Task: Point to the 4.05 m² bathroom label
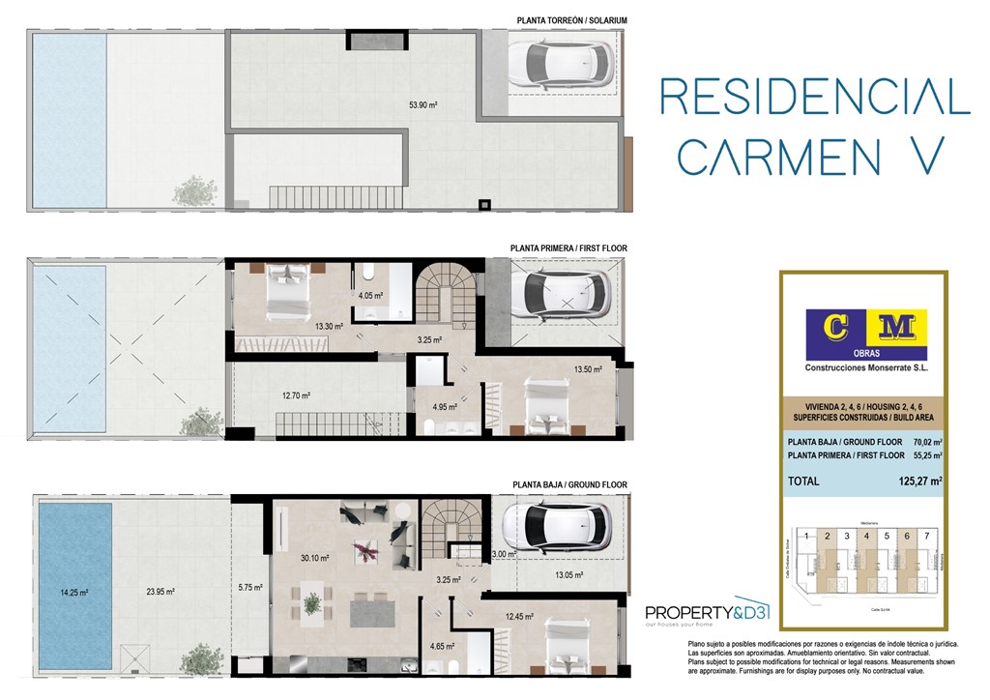click(x=370, y=296)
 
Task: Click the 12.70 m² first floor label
click(x=296, y=394)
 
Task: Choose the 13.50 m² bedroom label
click(x=588, y=368)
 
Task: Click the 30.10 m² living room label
click(x=315, y=558)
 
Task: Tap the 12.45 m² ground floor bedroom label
click(x=519, y=617)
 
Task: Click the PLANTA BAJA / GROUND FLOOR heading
click(x=568, y=484)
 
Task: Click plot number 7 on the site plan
click(x=926, y=535)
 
